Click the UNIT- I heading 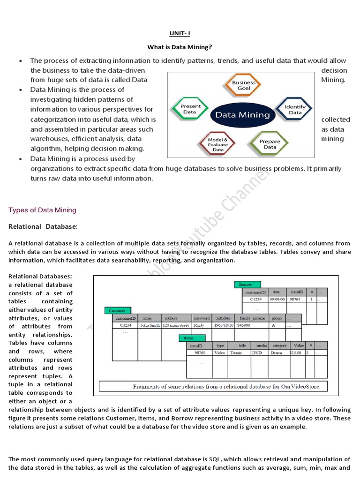point(180,34)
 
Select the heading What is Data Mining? point(180,47)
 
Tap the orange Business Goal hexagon point(244,85)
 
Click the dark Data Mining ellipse point(242,114)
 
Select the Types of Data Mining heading point(42,210)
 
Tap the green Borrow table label point(247,285)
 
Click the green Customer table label point(118,310)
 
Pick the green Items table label point(191,338)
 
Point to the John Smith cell point(150,325)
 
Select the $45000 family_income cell point(244,325)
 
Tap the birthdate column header point(224,318)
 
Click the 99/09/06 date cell point(277,299)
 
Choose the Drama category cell point(277,352)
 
